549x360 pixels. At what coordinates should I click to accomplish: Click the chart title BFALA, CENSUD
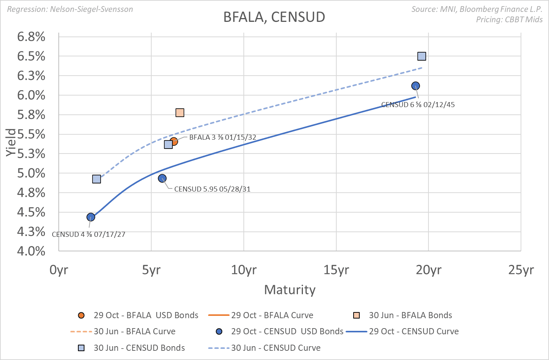(x=274, y=17)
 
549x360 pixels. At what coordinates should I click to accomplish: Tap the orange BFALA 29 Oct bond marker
(x=174, y=141)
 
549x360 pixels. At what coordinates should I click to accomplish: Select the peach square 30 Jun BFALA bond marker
(x=180, y=112)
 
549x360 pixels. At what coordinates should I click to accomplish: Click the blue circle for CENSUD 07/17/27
(x=91, y=217)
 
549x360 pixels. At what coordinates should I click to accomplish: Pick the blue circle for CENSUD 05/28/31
(x=162, y=178)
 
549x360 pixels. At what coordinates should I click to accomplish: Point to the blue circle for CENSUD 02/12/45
(x=415, y=86)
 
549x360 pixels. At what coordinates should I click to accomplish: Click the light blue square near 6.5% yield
(x=422, y=56)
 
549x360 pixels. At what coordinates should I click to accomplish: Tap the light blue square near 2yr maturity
(x=96, y=179)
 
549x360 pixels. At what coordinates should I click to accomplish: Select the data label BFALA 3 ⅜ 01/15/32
(x=223, y=137)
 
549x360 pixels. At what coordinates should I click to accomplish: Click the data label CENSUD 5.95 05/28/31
(x=212, y=189)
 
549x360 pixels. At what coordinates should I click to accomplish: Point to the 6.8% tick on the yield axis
(x=31, y=37)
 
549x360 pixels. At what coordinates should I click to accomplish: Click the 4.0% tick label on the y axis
(x=31, y=251)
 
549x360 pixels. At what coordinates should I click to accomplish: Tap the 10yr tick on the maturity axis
(x=244, y=270)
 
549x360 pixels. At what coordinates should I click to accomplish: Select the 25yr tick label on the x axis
(x=521, y=270)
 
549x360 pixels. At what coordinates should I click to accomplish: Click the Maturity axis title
(x=290, y=290)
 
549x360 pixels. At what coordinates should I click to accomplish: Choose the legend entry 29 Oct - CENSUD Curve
(x=413, y=332)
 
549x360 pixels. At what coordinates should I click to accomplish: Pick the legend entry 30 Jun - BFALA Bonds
(x=410, y=315)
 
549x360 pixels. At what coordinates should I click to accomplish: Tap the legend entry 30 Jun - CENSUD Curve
(x=275, y=348)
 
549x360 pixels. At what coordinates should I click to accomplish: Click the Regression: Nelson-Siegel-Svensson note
(x=70, y=9)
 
